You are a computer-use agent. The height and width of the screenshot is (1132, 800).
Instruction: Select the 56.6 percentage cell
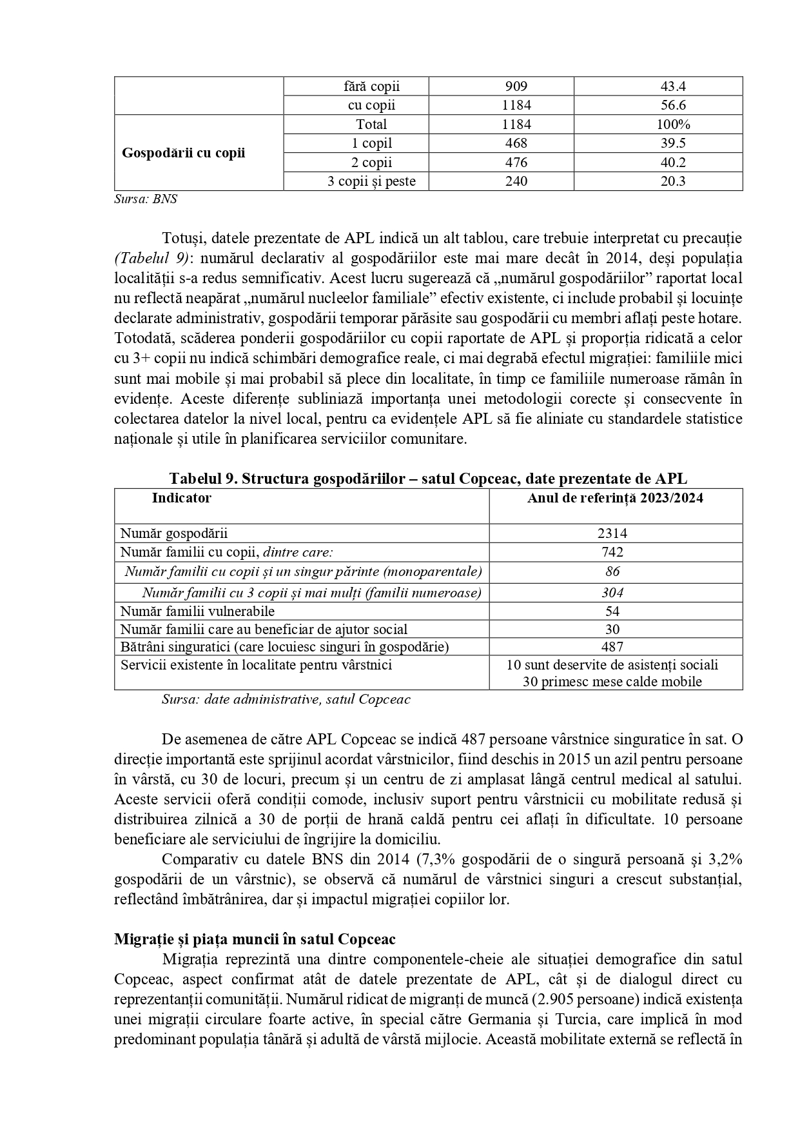point(658,105)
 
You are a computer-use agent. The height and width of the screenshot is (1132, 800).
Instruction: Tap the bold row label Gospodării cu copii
point(184,154)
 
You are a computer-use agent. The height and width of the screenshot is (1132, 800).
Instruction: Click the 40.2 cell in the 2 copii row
point(658,163)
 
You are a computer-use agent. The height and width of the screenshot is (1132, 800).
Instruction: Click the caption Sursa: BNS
point(146,199)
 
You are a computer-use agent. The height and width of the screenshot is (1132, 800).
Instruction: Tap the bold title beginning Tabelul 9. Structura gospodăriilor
point(428,479)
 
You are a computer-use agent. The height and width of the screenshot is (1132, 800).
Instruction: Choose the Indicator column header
point(182,498)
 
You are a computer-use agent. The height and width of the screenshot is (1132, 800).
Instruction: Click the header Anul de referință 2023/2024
point(615,498)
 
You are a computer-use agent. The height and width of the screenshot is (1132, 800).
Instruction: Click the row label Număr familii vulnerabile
point(197,611)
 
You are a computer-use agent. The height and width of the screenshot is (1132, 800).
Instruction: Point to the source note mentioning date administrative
point(286,699)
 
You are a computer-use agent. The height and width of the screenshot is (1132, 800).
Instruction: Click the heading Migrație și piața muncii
point(255,939)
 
